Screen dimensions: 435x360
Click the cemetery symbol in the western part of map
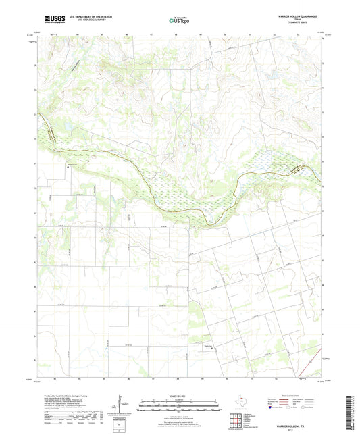[69, 166]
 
